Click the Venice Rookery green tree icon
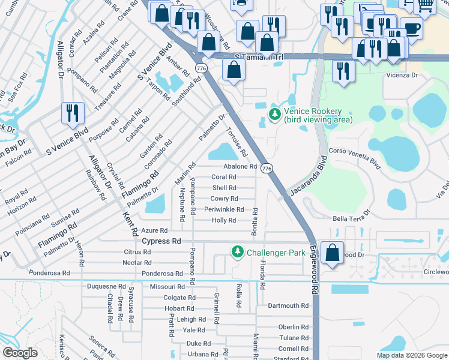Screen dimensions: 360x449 275,113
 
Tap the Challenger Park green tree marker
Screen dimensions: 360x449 238,252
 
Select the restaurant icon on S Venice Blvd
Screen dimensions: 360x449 72,114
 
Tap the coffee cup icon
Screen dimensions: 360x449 411,29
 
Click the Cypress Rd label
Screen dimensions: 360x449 161,241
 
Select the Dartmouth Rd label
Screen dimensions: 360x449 288,305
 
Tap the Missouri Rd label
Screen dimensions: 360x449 168,287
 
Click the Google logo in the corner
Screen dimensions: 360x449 20,352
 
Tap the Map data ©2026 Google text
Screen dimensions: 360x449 411,355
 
